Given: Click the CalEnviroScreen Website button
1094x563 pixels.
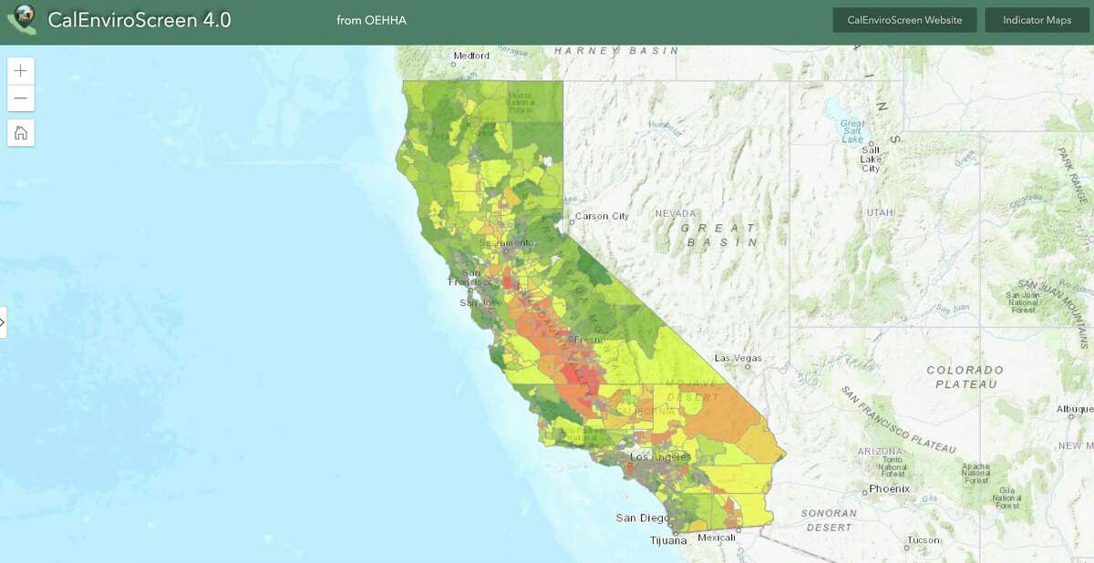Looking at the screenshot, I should coord(904,20).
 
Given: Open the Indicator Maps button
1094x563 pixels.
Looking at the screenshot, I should coord(1037,20).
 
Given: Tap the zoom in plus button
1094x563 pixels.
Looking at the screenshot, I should coord(21,71).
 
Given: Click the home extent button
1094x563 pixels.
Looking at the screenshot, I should coord(21,133).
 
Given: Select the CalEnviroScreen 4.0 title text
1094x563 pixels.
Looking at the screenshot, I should coord(139,20).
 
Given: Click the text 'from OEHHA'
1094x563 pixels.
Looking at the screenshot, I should coord(371,20).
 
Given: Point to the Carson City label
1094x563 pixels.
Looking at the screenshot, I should coord(601,216).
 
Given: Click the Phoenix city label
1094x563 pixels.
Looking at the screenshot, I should coord(889,488).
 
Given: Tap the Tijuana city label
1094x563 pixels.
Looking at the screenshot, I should coord(668,540).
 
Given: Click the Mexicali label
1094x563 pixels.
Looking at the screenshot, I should coord(717,537).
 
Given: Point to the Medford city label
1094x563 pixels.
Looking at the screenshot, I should coord(471,56).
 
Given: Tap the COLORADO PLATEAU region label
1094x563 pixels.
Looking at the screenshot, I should coord(965,377).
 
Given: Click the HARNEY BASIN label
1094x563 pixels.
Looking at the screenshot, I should coord(616,51).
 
